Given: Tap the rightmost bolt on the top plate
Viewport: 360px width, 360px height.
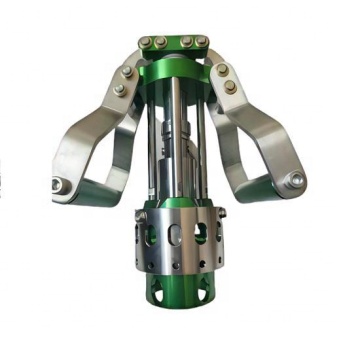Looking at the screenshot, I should [x=204, y=42].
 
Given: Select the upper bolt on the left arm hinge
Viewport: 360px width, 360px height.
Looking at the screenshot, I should [x=125, y=72].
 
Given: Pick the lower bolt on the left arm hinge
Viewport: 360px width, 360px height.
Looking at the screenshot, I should [x=119, y=89].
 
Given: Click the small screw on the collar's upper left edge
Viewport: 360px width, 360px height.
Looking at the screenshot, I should [x=141, y=211].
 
